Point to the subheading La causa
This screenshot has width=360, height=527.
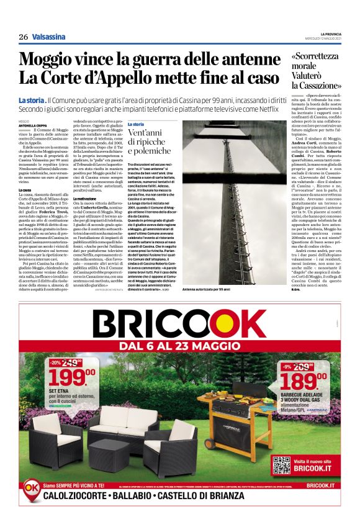pos(25,189)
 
